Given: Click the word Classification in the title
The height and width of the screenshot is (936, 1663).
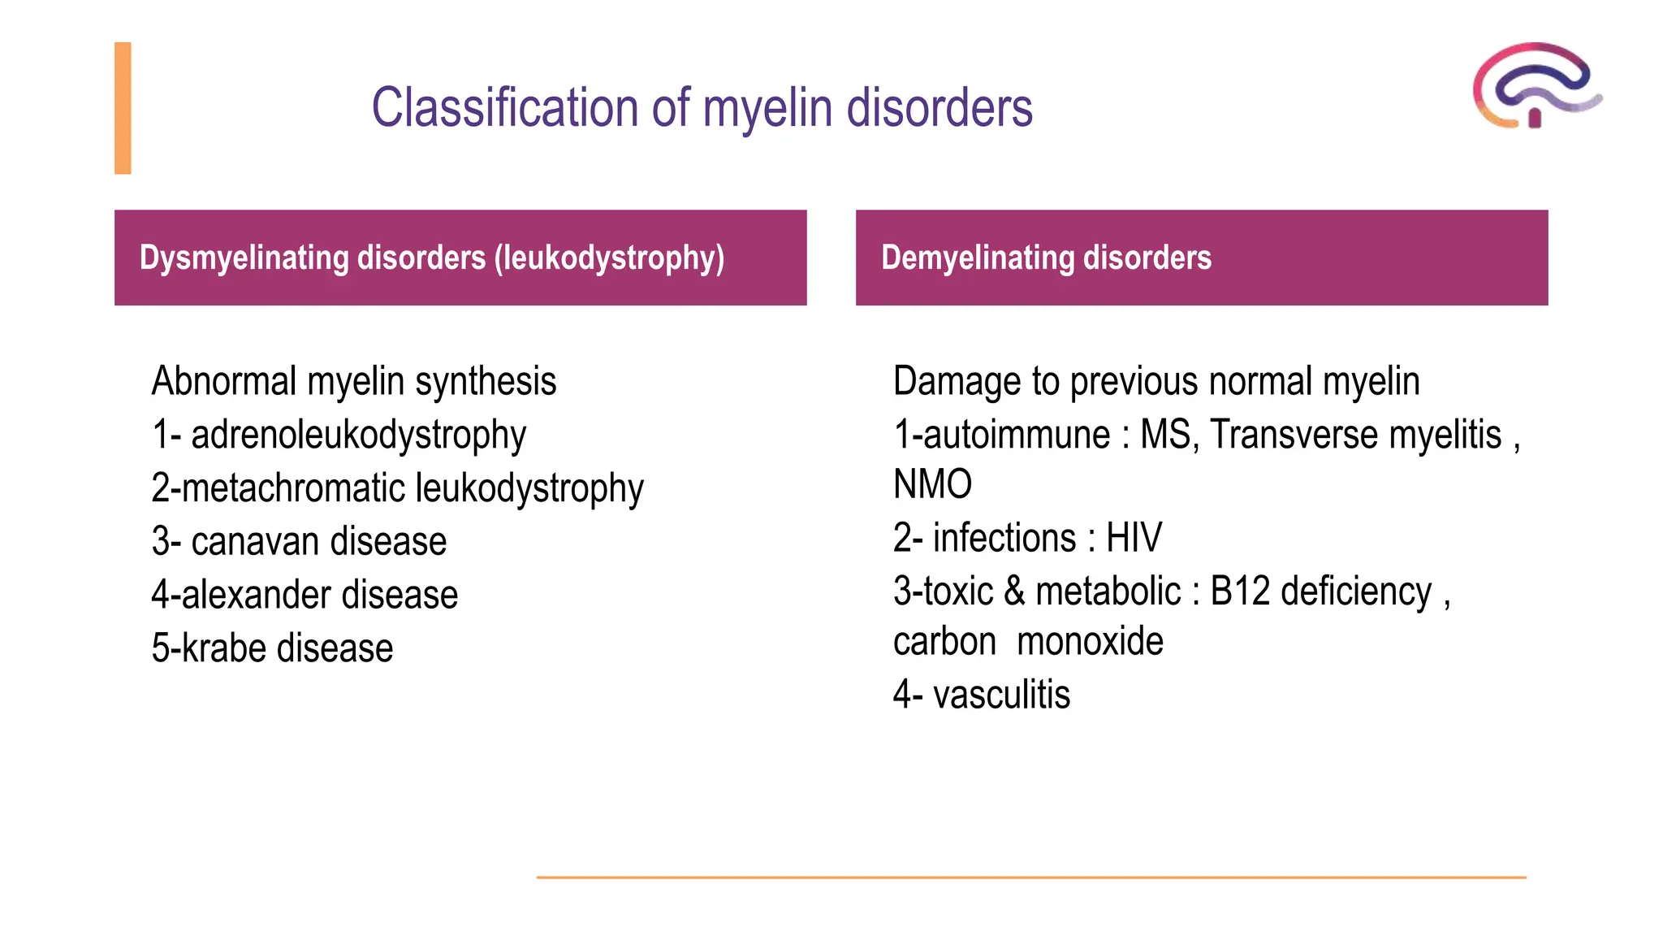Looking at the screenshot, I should pos(504,108).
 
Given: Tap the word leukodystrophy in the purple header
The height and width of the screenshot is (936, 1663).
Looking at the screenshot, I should pos(609,258).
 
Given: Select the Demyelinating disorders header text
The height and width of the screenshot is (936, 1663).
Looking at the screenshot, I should pos(1046,258).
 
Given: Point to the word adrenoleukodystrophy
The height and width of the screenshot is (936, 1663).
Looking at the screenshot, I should pos(358,435).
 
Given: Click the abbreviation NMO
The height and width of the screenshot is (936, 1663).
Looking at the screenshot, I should pos(932,485).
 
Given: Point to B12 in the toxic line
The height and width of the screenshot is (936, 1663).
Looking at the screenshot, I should pos(1239,591).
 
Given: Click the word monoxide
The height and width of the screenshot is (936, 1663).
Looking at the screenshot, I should pos(1090,642).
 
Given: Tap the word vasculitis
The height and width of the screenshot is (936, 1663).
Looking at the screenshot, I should pos(1001,695).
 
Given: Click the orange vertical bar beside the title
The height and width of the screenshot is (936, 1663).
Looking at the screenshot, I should pos(123,108).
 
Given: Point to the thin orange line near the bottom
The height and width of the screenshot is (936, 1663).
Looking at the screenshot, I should pos(1031,877).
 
